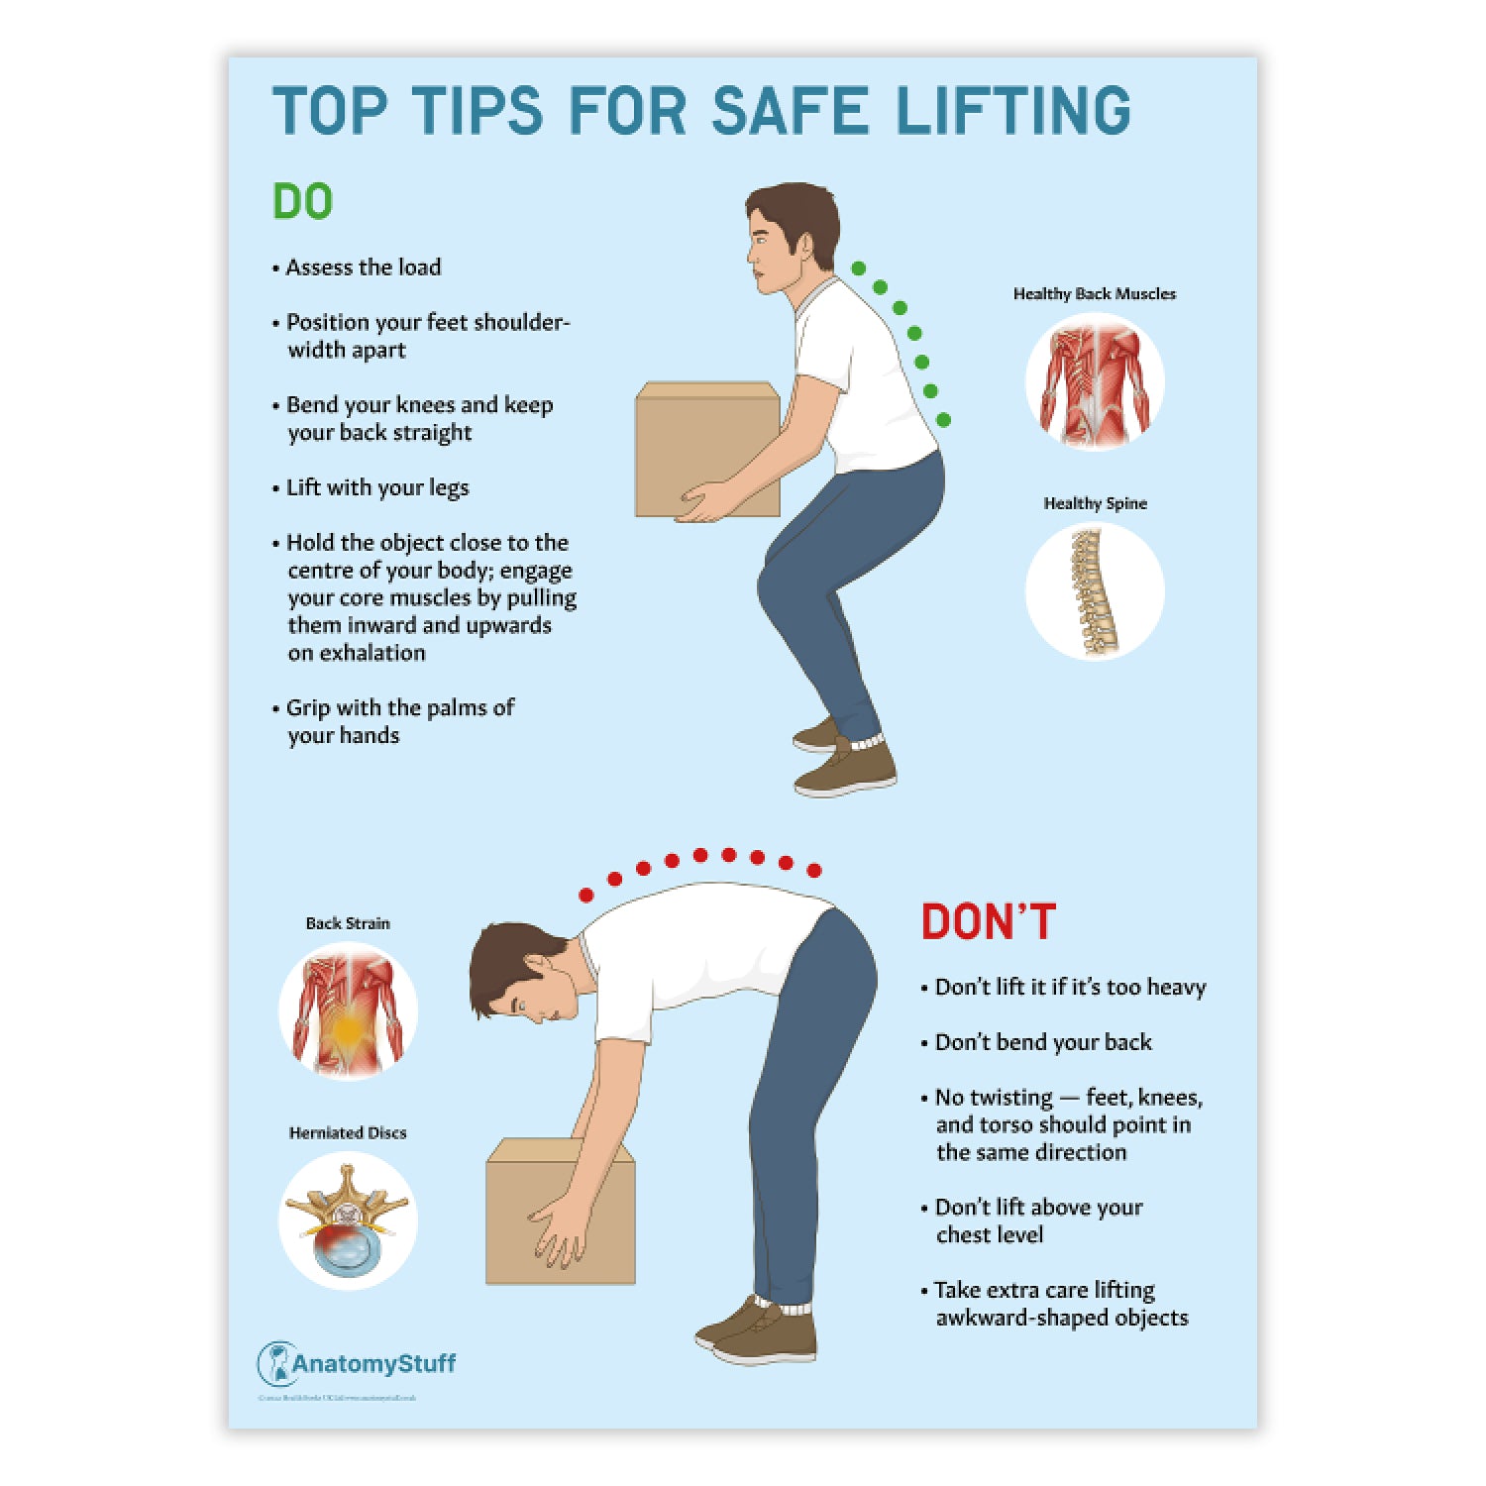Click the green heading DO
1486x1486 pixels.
tap(302, 202)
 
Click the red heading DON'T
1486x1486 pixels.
tap(988, 922)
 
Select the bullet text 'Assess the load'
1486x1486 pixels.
tap(363, 267)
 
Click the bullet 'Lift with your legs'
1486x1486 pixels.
tap(376, 487)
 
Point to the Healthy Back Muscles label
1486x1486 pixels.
tap(1094, 294)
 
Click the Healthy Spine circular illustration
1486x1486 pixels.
tap(1094, 591)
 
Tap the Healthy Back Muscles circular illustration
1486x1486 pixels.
tap(1094, 382)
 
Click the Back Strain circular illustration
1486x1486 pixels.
tap(348, 1010)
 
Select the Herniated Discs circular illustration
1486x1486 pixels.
tap(348, 1221)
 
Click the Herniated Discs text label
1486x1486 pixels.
tap(348, 1133)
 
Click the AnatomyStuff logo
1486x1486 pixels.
tap(357, 1364)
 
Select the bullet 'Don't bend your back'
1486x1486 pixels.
tap(1042, 1042)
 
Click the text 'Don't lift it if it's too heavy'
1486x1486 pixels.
tap(1070, 988)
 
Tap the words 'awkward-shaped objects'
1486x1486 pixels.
tap(1061, 1319)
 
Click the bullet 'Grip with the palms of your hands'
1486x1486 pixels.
tap(396, 721)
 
